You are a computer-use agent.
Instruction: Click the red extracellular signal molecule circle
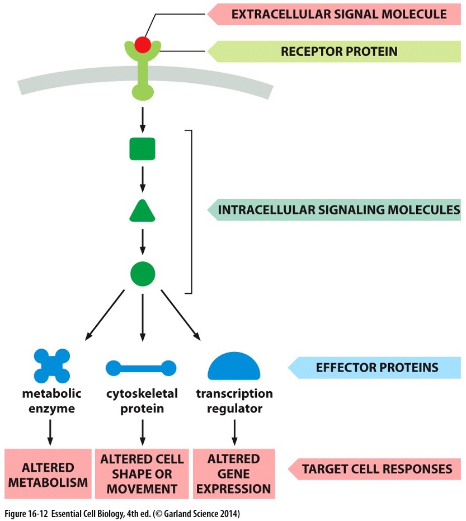point(142,44)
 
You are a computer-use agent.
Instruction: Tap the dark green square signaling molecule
point(142,149)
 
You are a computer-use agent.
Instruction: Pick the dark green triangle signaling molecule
point(142,212)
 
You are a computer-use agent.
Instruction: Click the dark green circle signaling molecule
point(142,274)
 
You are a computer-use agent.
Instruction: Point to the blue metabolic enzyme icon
point(51,367)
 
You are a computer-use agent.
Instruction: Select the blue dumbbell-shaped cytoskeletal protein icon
point(141,368)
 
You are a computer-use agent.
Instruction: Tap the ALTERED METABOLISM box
point(48,475)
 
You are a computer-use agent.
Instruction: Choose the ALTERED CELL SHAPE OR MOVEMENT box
point(142,473)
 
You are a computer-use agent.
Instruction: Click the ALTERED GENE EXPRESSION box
point(234,473)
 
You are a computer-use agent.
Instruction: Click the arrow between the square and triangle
point(142,179)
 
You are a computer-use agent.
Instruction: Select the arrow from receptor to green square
point(142,119)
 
